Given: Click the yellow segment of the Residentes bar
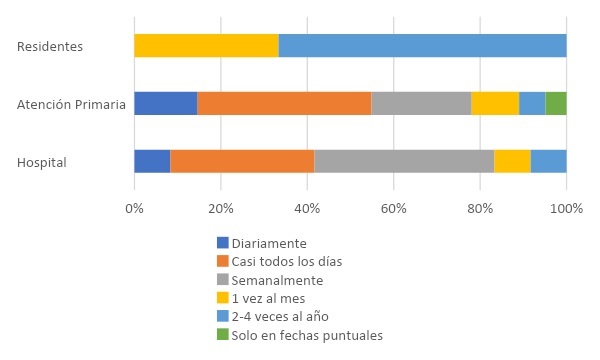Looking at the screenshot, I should point(206,46).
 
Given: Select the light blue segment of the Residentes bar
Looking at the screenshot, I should point(422,46).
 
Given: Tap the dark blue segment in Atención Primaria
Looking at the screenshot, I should point(165,103).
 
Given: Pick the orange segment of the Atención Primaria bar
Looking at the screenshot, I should point(284,103).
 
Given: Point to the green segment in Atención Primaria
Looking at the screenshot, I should point(556,103).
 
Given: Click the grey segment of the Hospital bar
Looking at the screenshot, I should point(404,161).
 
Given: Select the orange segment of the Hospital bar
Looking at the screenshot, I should point(242,161).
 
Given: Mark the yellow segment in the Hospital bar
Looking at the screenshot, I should point(512,161).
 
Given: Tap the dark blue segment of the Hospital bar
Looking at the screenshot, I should point(152,161).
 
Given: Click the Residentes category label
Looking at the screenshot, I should point(50,47).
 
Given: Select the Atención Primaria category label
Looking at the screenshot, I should point(72,104).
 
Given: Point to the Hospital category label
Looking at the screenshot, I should point(42,162).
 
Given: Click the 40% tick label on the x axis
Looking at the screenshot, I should point(307,208).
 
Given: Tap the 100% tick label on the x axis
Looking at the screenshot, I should point(566,208).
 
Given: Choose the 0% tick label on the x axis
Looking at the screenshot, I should point(134,208).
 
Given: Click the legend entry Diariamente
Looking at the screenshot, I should point(268,243).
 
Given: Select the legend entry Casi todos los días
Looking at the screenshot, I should point(286,261).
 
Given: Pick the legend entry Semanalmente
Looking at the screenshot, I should point(276,280).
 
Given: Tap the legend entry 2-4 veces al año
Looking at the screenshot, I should point(279,317).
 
